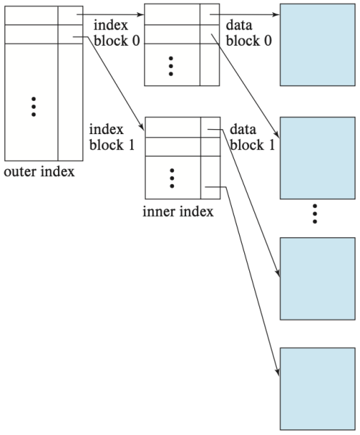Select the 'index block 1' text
tap(106, 136)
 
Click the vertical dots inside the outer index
tap(33, 106)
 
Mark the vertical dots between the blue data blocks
tap(315, 214)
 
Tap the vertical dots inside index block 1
tap(172, 177)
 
